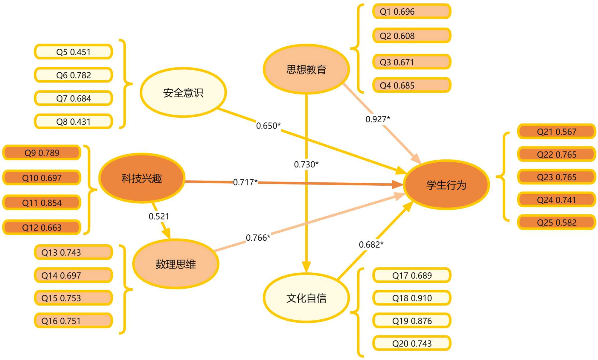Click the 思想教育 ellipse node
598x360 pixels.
pos(306,69)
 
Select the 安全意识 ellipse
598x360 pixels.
pos(183,93)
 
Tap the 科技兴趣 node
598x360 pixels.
pos(142,178)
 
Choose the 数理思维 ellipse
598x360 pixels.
pos(176,264)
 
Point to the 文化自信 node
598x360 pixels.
pos(306,298)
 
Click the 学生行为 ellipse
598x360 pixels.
pos(446,185)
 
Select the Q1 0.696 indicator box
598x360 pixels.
pos(412,12)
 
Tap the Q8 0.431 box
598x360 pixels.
pos(74,121)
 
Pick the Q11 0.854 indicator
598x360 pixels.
pos(42,203)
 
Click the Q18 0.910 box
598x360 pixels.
pos(412,298)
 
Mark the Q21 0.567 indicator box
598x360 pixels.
pos(556,132)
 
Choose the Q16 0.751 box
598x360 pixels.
pos(74,321)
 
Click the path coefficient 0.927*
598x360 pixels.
pos(378,119)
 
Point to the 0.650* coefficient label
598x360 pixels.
pos(268,126)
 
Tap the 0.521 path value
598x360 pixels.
pos(159,216)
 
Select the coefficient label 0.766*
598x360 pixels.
pos(258,238)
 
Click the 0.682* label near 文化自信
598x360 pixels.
pos(371,245)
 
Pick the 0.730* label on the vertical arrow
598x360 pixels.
pos(306,164)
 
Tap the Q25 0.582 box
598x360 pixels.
pos(556,222)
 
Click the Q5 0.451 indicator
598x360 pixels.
pos(74,52)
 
